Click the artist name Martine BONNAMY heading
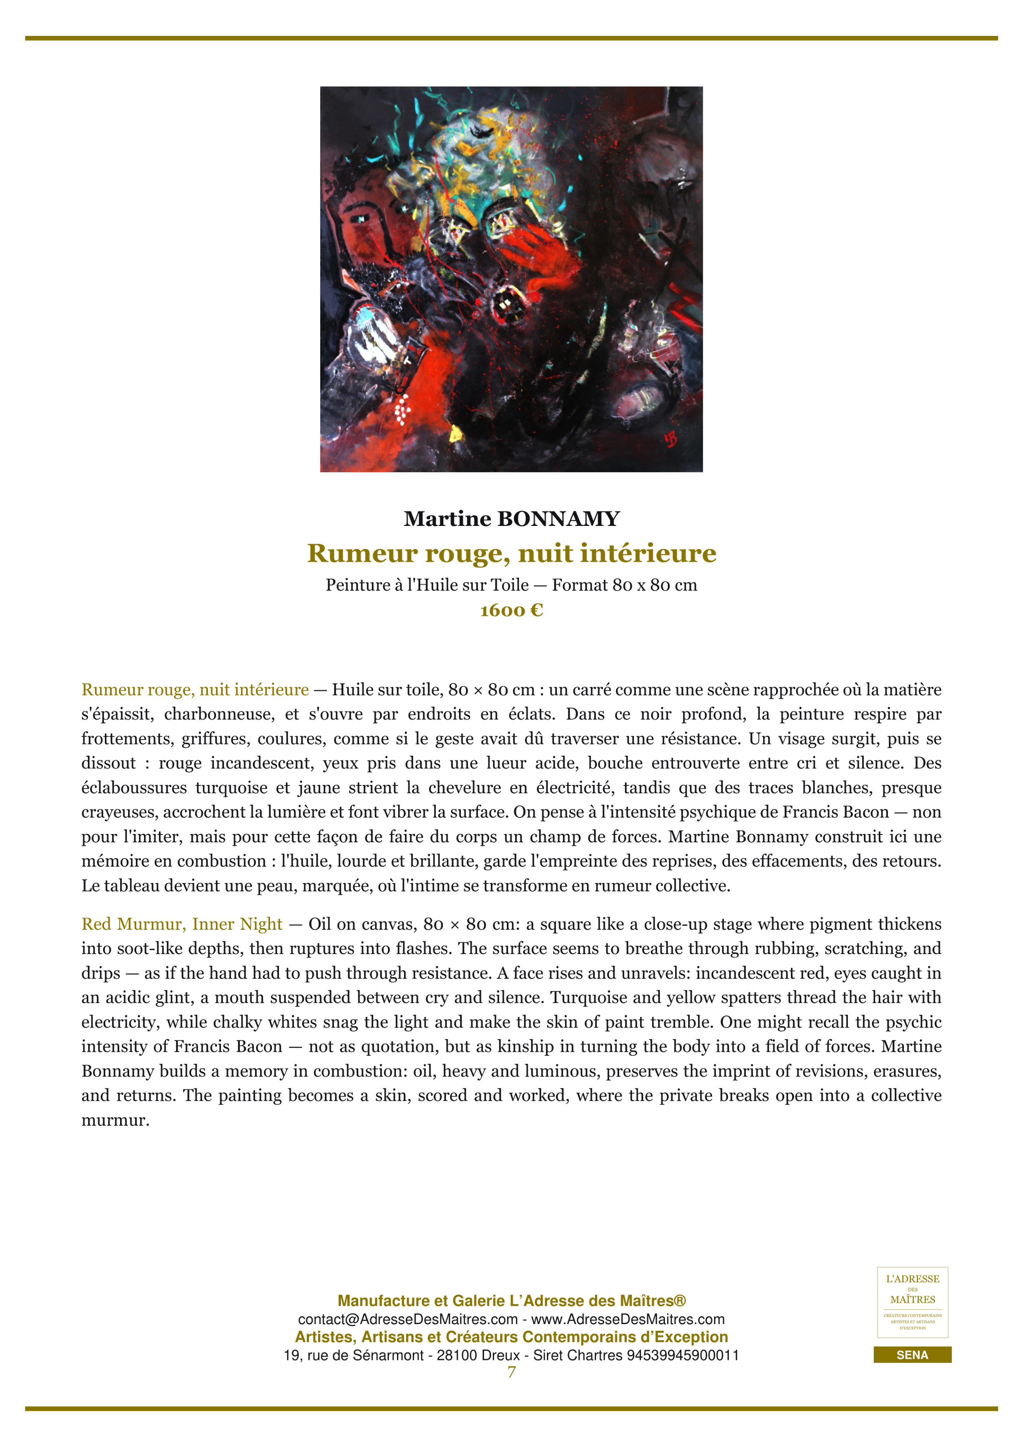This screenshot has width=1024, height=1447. point(511,518)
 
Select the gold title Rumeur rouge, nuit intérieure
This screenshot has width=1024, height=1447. point(511,553)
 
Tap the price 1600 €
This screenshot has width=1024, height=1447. point(511,610)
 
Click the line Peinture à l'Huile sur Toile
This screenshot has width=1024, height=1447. point(427,585)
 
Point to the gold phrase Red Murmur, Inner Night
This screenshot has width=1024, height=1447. point(182,924)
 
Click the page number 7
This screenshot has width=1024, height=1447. point(511,1372)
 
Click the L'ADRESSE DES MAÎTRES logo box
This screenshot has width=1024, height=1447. point(913,1303)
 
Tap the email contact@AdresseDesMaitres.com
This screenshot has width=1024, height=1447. point(407,1320)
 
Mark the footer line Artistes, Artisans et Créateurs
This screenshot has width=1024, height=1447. point(511,1337)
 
